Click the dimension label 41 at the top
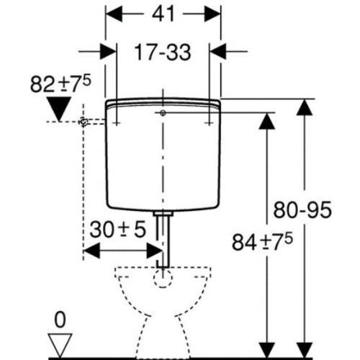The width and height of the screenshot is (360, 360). point(163,14)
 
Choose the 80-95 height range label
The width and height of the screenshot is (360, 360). point(303,210)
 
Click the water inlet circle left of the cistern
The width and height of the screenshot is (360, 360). point(84,123)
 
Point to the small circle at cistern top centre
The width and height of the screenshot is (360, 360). point(164,113)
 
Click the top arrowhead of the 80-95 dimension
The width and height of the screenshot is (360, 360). point(306,108)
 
